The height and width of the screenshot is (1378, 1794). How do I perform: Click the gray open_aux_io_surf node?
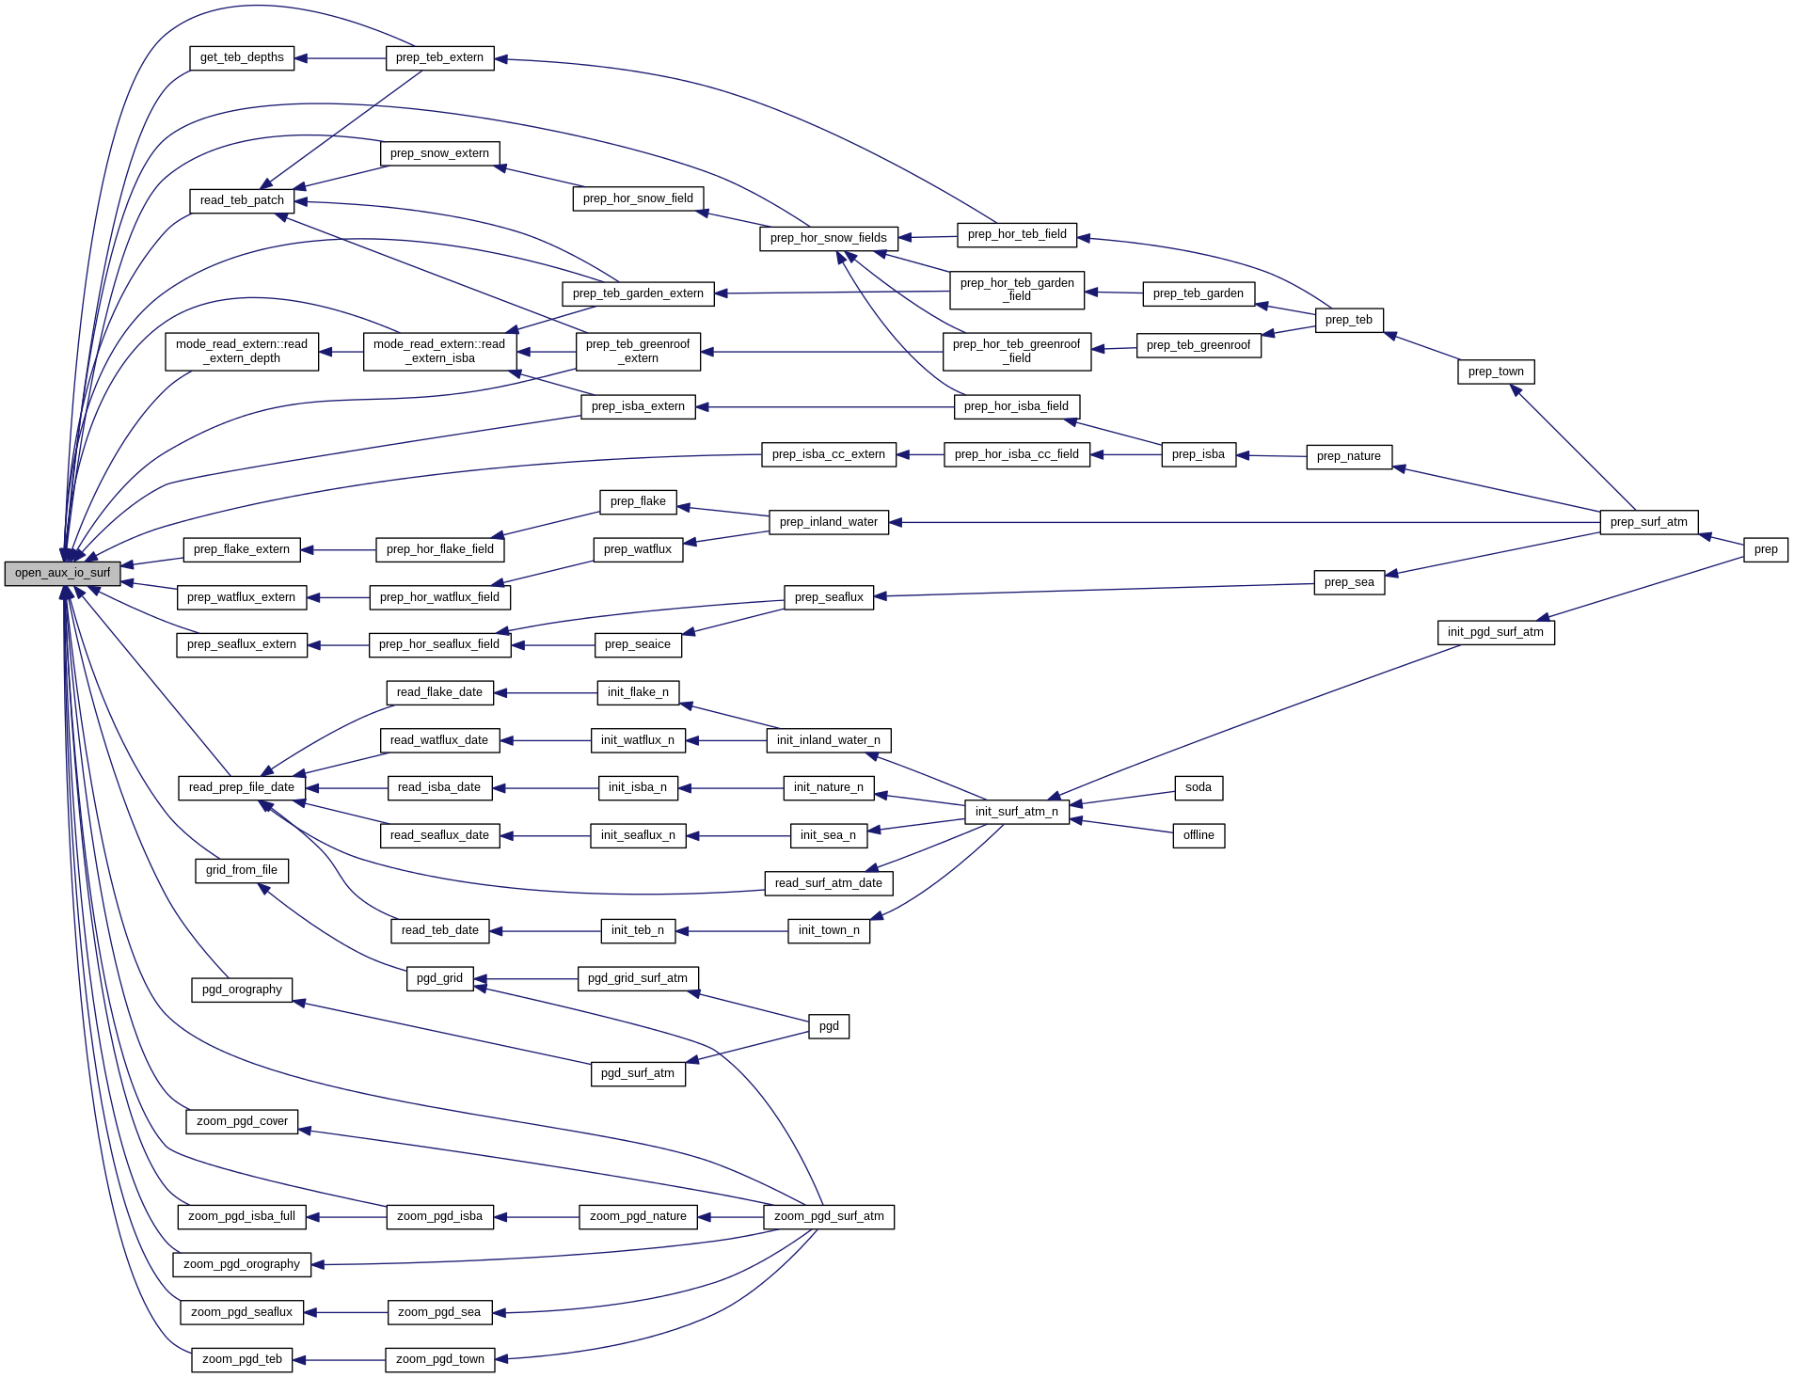[x=62, y=573]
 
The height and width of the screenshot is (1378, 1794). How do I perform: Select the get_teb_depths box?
[x=242, y=58]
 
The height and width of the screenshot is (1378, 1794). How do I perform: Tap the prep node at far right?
[x=1765, y=550]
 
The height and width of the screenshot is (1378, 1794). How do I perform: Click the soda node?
[x=1198, y=787]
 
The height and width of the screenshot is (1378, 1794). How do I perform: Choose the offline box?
[x=1198, y=835]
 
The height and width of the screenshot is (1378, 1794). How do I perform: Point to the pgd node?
[x=828, y=1026]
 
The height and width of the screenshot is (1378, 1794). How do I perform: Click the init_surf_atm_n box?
[x=1016, y=812]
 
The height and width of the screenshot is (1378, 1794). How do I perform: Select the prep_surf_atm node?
[x=1648, y=522]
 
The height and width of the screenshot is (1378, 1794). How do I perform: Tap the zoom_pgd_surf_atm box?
[x=828, y=1216]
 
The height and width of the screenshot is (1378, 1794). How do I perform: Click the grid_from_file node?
[x=241, y=870]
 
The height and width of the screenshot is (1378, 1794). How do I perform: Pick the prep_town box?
[x=1495, y=372]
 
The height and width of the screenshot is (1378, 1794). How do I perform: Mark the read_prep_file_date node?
[x=241, y=787]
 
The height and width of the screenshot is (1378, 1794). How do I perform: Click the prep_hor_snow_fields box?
[x=828, y=238]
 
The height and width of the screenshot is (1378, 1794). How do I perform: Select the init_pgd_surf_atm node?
[x=1495, y=632]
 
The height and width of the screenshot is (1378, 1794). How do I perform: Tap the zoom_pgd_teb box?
[x=242, y=1359]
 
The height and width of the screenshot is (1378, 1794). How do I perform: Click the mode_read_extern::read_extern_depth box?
[x=242, y=351]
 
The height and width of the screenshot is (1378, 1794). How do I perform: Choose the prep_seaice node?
[x=637, y=645]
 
